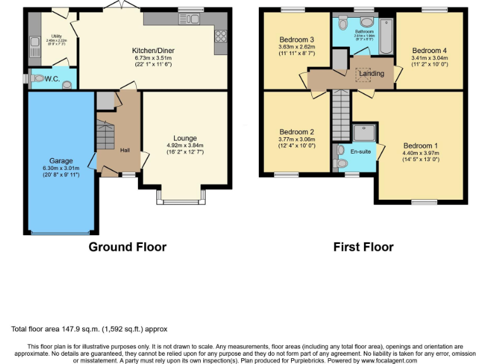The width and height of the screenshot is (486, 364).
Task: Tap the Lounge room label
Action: tap(185, 138)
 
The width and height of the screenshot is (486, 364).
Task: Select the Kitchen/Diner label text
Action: tap(153, 51)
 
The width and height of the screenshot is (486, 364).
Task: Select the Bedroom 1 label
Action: tap(421, 145)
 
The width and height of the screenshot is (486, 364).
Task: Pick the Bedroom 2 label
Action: tap(297, 132)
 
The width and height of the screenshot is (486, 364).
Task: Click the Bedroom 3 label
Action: tap(297, 40)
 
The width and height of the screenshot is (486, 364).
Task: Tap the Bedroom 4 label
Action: tap(429, 51)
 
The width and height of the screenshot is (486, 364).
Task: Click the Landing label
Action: tap(371, 74)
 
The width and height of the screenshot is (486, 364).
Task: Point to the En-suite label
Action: tap(360, 152)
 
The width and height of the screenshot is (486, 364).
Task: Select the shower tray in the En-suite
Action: tap(365, 132)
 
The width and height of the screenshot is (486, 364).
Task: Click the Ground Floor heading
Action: tap(127, 247)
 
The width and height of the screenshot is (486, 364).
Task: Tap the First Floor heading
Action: tap(363, 247)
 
